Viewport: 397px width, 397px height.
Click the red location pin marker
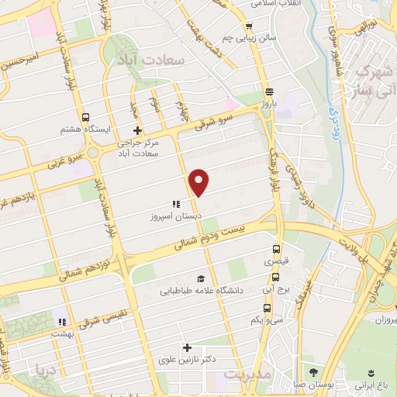[x=199, y=181]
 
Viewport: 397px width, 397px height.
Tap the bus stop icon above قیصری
[x=278, y=250]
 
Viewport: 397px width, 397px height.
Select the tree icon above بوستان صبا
[x=313, y=371]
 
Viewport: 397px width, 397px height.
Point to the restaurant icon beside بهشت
[x=61, y=322]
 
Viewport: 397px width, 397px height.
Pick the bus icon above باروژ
[x=268, y=89]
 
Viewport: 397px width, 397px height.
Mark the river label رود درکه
[x=330, y=116]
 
